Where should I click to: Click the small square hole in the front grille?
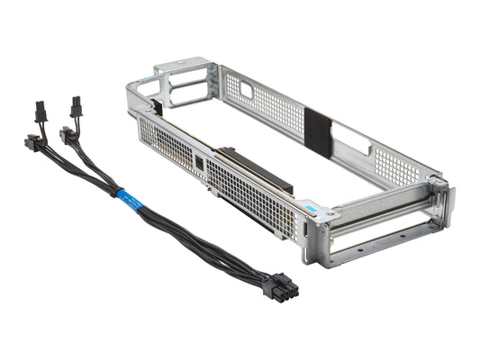(199, 163)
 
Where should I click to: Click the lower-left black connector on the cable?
(32, 144)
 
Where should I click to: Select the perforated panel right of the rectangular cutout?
(396, 166)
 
